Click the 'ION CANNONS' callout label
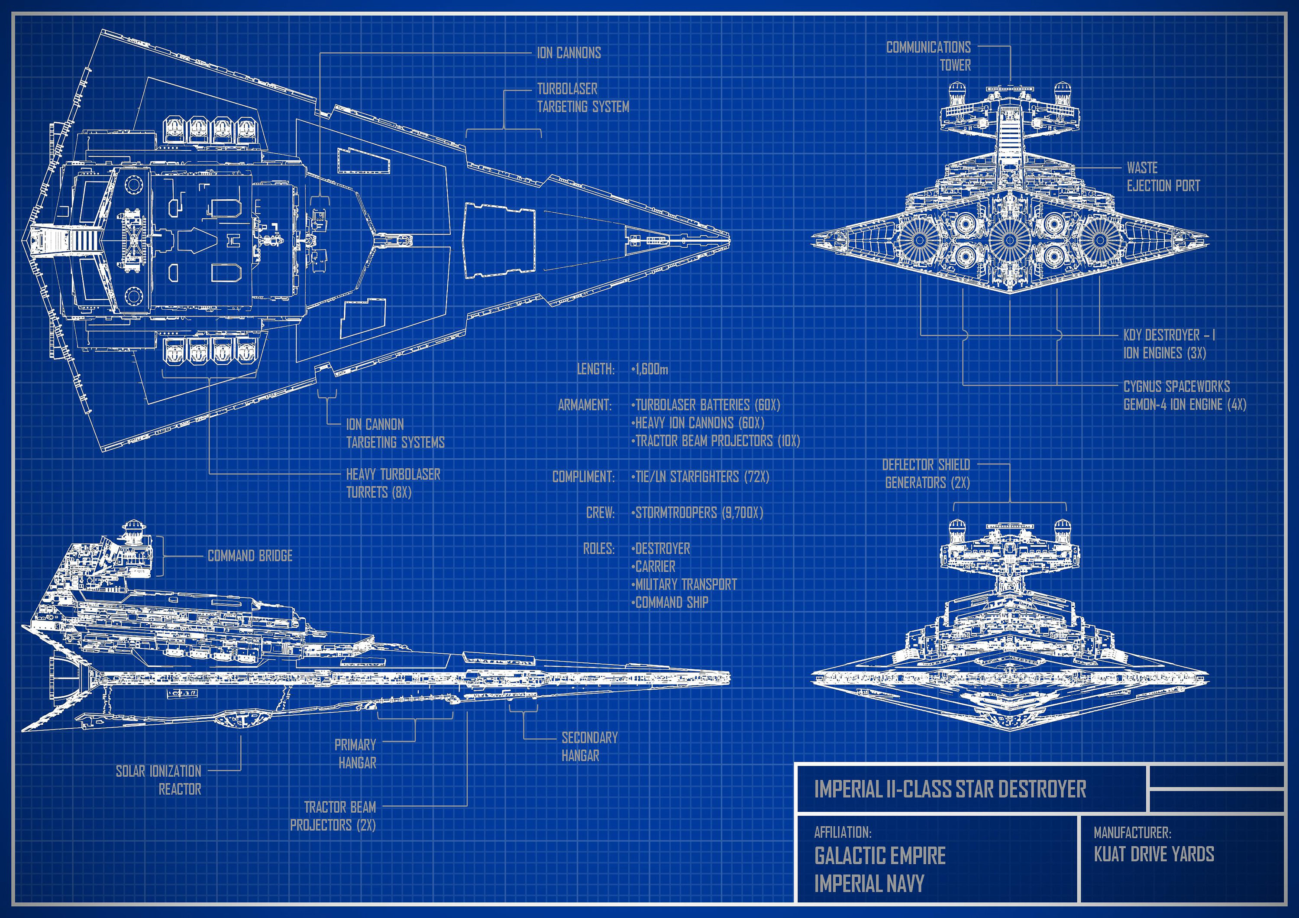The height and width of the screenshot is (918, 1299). pos(569,53)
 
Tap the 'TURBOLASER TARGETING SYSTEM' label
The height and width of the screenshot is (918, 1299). pos(582,98)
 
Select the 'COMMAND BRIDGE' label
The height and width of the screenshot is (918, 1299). pos(250,556)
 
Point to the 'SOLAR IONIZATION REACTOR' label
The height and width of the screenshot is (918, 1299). pos(159,780)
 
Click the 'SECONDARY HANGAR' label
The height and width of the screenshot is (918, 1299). pos(589,746)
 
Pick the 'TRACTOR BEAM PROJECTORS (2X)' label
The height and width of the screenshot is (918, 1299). pos(333,816)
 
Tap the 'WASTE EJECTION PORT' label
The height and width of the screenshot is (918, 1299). pos(1163,177)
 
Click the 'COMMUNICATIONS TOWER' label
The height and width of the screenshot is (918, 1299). pos(928,56)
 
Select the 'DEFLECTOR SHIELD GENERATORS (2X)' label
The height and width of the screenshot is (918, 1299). pos(926,474)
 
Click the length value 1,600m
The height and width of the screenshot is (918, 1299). pos(649,370)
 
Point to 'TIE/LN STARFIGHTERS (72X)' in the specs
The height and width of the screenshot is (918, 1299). pos(701,477)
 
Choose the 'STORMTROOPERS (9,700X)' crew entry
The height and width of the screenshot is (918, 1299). pos(698,513)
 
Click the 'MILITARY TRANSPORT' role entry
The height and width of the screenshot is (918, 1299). pos(685,584)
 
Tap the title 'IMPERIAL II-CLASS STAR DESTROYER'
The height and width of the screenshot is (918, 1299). pos(950,788)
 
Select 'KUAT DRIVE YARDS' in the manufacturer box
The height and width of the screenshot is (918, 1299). pos(1154,854)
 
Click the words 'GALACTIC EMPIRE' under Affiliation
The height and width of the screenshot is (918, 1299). pos(880,856)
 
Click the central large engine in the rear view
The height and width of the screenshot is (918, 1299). pos(1009,240)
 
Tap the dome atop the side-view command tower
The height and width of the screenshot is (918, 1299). pos(134,528)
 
